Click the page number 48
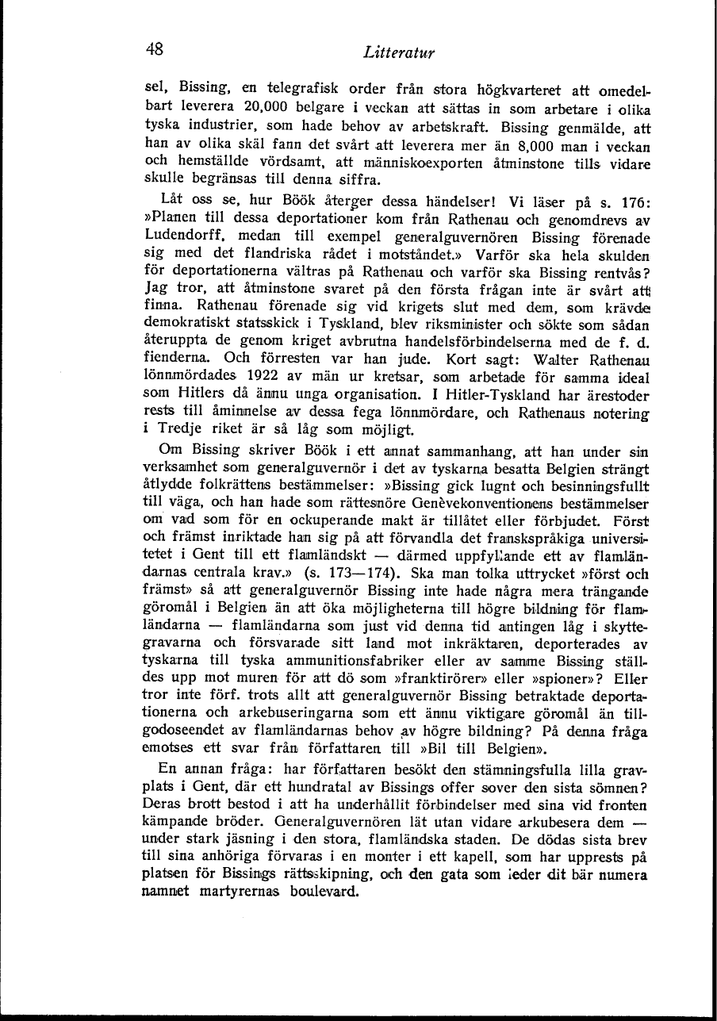click(155, 48)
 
